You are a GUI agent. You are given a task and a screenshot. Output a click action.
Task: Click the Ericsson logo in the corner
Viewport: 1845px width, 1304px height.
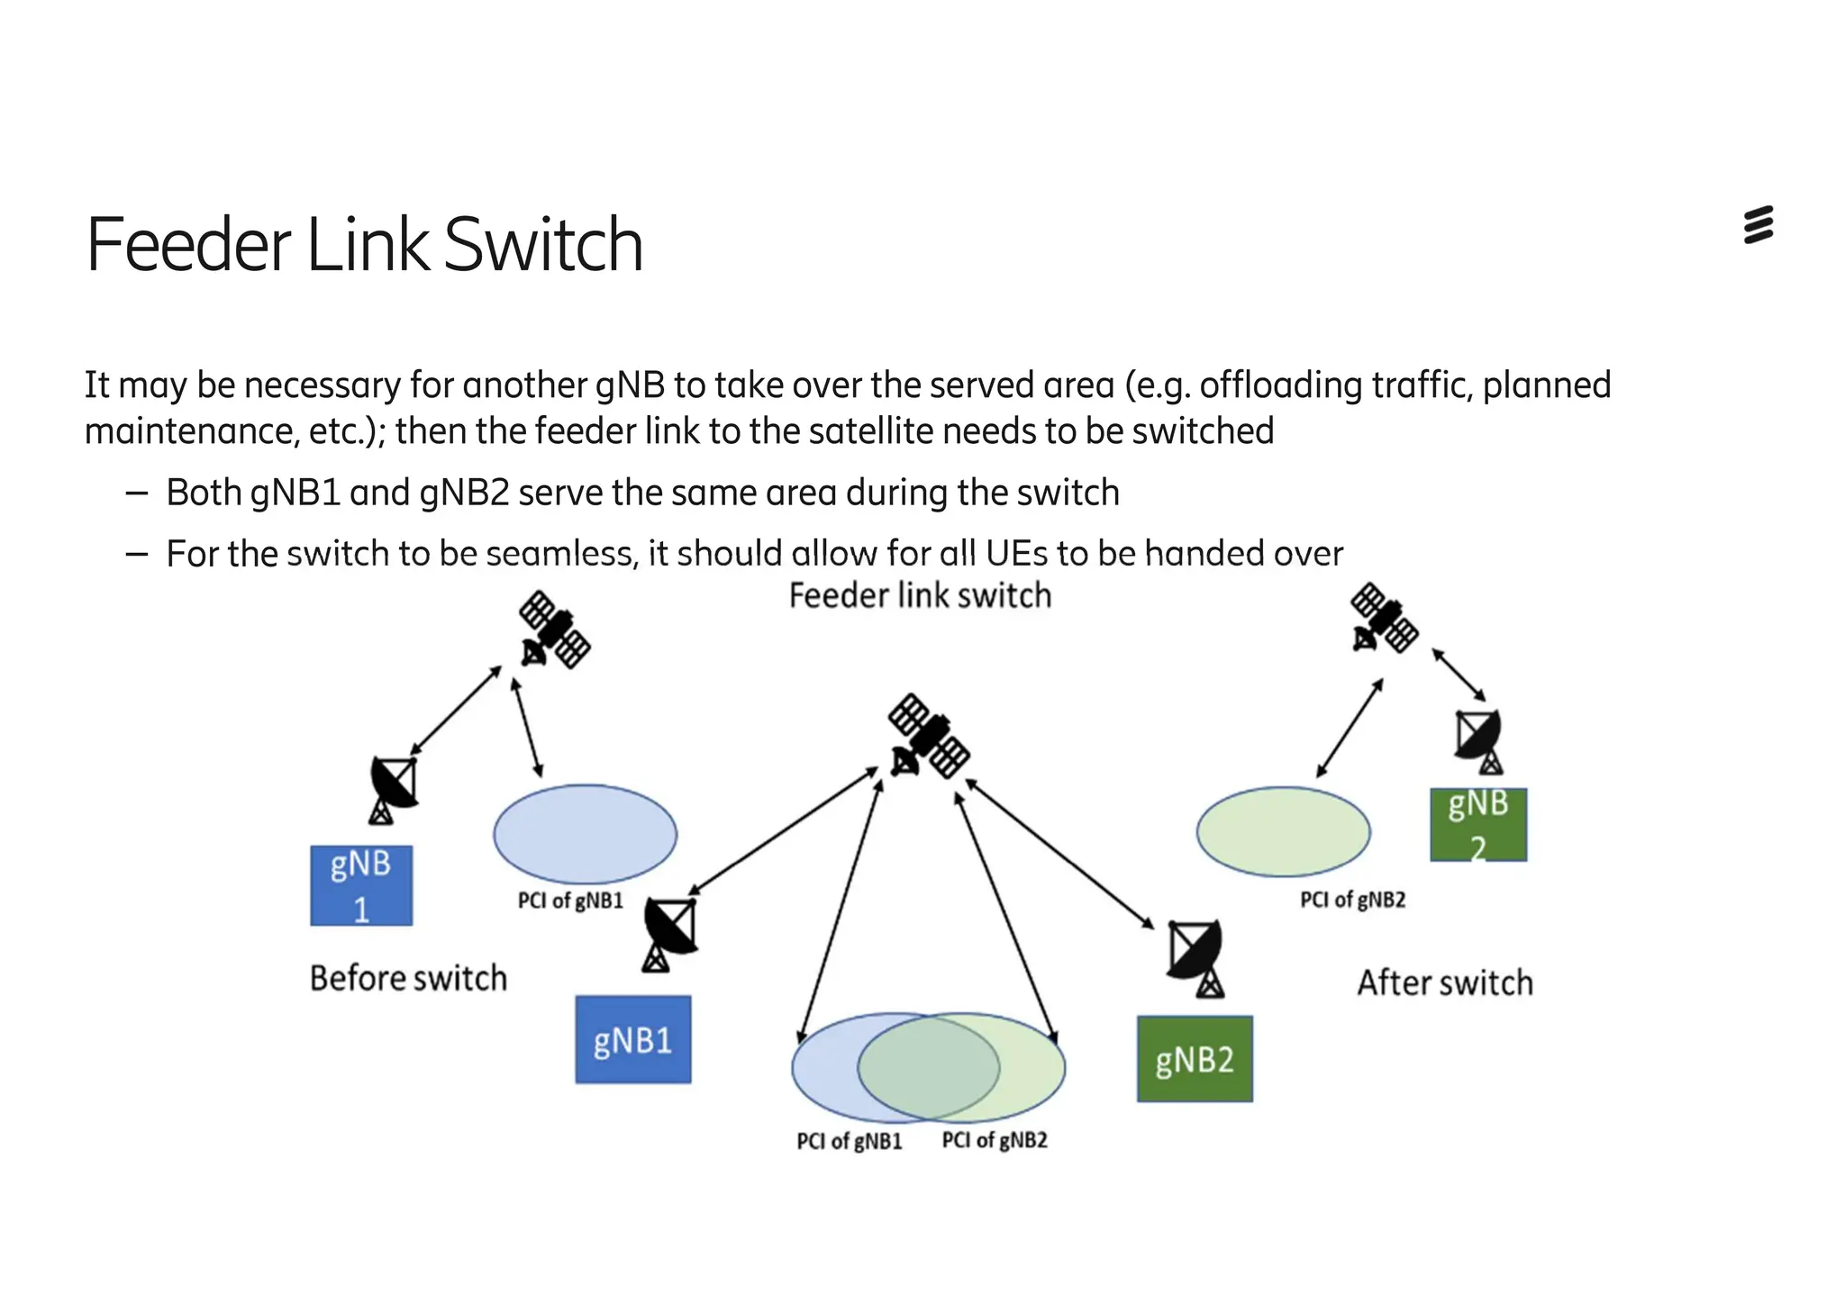click(1758, 225)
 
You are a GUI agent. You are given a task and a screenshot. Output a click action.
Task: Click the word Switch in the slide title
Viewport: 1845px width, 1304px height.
click(543, 245)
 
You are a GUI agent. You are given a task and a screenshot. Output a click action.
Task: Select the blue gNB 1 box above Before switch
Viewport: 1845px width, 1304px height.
click(361, 885)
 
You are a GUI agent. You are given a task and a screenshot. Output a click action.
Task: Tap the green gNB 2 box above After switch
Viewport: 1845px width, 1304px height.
click(1477, 824)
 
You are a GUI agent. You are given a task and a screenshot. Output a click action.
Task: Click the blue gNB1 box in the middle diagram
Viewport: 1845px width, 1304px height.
click(632, 1039)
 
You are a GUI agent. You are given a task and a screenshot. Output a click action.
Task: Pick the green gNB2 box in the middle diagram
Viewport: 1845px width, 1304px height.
click(1194, 1059)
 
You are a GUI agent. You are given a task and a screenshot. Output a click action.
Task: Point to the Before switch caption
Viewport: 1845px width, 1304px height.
click(408, 978)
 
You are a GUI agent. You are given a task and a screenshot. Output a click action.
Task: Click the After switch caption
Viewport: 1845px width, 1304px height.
click(1444, 983)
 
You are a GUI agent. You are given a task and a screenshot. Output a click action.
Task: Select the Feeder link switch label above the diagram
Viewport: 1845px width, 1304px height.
click(920, 596)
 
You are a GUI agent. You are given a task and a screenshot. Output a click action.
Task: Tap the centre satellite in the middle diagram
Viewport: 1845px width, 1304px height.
click(928, 736)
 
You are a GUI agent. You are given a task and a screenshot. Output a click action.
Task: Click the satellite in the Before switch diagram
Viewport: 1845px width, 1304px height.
click(554, 629)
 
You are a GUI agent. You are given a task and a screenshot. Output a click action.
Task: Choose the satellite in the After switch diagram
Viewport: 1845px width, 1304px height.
click(1384, 618)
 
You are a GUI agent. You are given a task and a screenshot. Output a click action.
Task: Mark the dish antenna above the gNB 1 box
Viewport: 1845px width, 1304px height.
click(394, 789)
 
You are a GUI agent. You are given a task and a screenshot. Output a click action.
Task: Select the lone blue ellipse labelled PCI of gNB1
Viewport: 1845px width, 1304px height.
click(585, 834)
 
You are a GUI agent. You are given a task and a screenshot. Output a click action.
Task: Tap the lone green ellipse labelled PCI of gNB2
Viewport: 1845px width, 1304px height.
click(1283, 832)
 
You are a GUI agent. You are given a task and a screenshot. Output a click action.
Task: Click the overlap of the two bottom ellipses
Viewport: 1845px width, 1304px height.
click(928, 1067)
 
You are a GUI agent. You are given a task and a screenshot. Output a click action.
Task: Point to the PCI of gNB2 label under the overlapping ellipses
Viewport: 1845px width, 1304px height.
click(995, 1140)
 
